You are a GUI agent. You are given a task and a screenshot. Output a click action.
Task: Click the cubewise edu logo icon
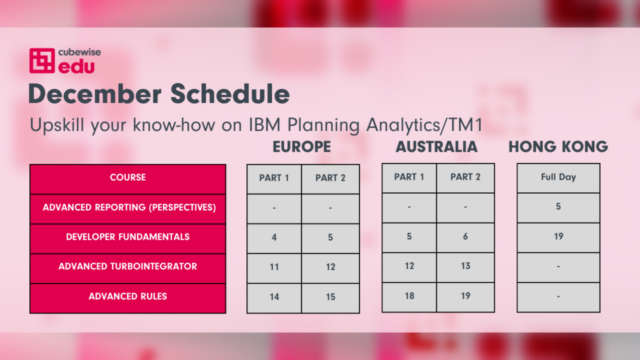(x=42, y=61)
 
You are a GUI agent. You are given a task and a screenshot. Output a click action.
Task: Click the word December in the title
(x=95, y=94)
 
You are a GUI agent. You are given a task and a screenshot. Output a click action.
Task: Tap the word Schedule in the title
(x=230, y=94)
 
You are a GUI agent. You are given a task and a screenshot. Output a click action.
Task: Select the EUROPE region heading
(x=302, y=147)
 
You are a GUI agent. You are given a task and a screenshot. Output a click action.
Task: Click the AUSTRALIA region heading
(x=437, y=147)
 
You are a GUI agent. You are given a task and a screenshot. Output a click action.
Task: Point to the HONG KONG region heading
(x=558, y=147)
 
